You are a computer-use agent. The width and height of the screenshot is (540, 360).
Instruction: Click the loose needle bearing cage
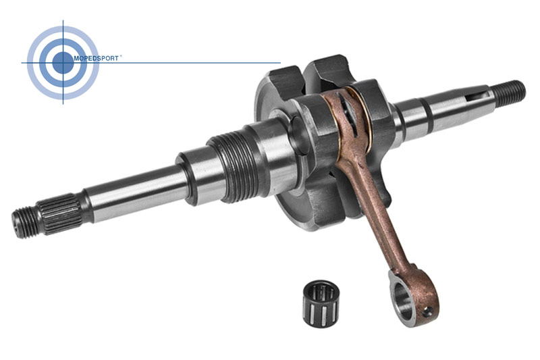[321, 303]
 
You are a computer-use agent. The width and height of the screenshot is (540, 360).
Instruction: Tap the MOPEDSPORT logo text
[96, 59]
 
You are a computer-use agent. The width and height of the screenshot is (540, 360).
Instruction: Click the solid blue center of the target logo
[63, 63]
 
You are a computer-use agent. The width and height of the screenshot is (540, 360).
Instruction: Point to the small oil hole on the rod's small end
[427, 312]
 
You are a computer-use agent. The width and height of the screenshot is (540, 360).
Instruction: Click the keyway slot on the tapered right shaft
[477, 97]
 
